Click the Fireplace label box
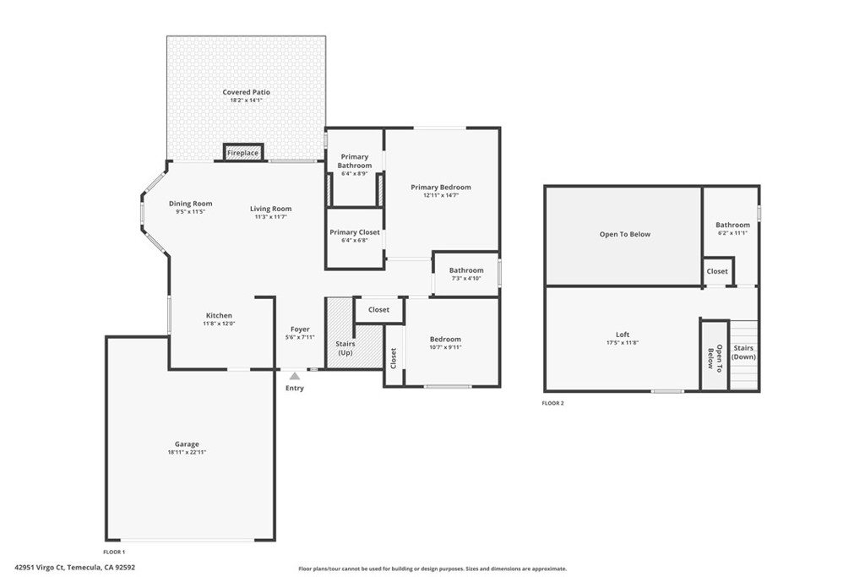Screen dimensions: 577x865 coord(242,153)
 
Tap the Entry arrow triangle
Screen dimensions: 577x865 coord(294,376)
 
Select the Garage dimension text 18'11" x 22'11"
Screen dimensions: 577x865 coord(187,453)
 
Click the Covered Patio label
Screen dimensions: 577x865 coord(247,92)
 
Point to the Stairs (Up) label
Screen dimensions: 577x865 coord(346,347)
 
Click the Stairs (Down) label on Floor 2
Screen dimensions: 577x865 coord(743,352)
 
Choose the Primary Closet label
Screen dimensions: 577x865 coord(355,232)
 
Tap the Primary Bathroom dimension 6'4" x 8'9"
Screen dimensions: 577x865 coord(355,174)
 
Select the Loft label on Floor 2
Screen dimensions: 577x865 coord(623,335)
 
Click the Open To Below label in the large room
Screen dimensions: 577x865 coord(625,234)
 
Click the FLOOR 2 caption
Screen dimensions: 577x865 coord(552,403)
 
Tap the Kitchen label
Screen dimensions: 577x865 coord(219,315)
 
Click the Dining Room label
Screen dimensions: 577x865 coord(190,204)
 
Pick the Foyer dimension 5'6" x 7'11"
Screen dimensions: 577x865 coord(300,337)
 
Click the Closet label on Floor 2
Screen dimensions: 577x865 coord(717,271)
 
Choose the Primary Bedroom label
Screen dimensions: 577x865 coord(441,187)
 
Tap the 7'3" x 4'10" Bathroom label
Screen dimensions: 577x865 coord(465,270)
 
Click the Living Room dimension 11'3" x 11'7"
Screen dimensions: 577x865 coord(270,217)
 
